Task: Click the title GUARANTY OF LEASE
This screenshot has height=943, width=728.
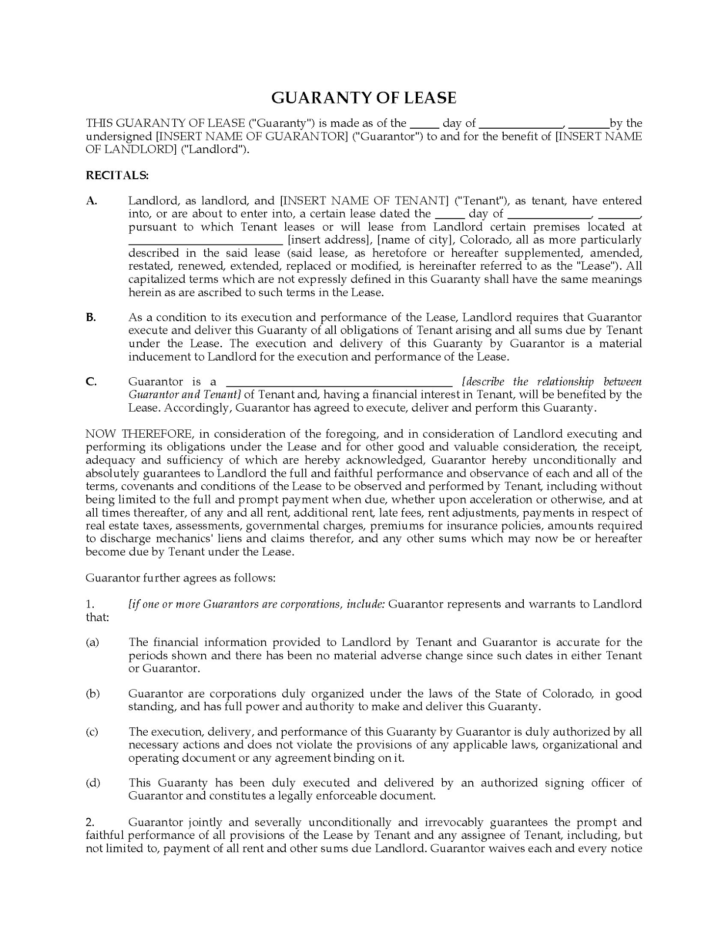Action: (364, 98)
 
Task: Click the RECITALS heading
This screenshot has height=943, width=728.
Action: (117, 175)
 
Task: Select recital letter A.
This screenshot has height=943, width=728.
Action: (91, 201)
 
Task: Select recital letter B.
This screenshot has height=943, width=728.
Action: (91, 317)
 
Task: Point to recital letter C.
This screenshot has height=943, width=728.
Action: (91, 382)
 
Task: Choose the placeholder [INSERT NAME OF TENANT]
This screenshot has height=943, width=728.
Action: (364, 201)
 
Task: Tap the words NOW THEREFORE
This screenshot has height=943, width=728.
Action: (139, 434)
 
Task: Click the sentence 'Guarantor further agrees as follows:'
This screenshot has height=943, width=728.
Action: (181, 578)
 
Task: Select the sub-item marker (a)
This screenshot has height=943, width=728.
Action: (92, 642)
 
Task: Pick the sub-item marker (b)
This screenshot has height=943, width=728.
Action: (92, 694)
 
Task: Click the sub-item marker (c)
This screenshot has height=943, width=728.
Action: (92, 732)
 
